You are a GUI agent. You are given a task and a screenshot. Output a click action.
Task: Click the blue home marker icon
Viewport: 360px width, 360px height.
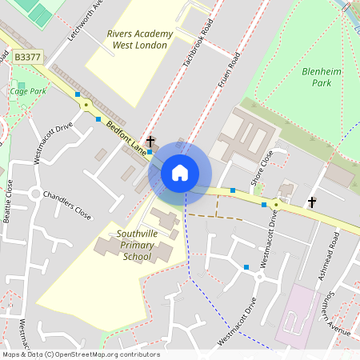coord(180,173)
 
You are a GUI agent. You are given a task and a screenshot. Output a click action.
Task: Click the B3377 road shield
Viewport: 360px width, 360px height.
coord(28,58)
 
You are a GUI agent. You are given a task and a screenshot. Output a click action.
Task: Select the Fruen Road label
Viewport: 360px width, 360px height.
coord(229,70)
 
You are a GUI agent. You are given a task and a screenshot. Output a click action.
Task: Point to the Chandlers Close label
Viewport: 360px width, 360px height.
coord(67,206)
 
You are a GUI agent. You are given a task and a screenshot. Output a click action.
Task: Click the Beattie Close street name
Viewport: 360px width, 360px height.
coord(8,200)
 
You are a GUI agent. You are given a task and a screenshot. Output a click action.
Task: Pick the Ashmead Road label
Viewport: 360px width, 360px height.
coord(328,256)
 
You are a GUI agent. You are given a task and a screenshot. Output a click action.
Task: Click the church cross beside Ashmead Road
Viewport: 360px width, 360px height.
coord(312,202)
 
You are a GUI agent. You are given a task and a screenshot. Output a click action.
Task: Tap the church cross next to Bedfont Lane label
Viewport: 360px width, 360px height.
coord(150,142)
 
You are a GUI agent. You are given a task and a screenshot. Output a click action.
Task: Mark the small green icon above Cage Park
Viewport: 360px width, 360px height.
coord(22,84)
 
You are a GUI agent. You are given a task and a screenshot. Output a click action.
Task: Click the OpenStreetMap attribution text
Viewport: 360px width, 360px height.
coord(80,354)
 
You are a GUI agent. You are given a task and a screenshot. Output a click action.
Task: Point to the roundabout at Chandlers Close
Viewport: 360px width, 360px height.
coord(34,194)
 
